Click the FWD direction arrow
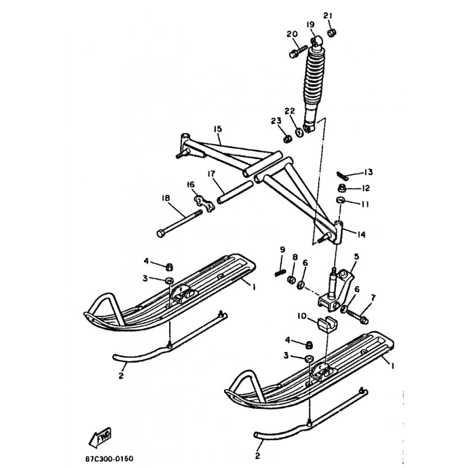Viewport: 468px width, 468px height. pyautogui.click(x=100, y=437)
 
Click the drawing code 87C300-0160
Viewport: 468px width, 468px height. pyautogui.click(x=109, y=459)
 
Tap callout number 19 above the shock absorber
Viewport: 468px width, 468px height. pyautogui.click(x=311, y=25)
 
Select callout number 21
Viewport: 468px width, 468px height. pyautogui.click(x=328, y=16)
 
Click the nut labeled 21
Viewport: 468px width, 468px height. pyautogui.click(x=331, y=32)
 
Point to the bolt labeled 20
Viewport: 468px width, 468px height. pyautogui.click(x=298, y=51)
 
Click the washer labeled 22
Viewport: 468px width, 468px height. pyautogui.click(x=298, y=132)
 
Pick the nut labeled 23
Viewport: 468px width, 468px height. pyautogui.click(x=287, y=139)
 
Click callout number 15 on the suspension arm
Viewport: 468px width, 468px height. pyautogui.click(x=218, y=129)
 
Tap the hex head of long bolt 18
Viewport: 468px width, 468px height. pyautogui.click(x=160, y=233)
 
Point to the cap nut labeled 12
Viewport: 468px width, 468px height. pyautogui.click(x=342, y=188)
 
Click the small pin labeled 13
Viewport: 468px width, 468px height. pyautogui.click(x=342, y=175)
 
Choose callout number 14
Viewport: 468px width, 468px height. pyautogui.click(x=361, y=235)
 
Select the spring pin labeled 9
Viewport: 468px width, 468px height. pyautogui.click(x=280, y=273)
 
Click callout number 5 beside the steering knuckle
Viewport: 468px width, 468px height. pyautogui.click(x=356, y=257)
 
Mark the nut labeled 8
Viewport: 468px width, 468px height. pyautogui.click(x=291, y=280)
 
